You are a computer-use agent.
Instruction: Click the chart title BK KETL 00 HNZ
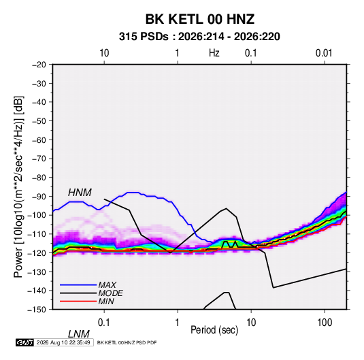click(x=200, y=19)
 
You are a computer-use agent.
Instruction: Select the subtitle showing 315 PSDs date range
click(x=199, y=37)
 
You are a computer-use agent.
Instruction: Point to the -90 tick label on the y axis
click(x=39, y=197)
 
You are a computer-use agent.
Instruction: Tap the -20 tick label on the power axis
click(x=39, y=65)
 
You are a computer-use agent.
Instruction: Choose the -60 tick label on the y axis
click(x=39, y=140)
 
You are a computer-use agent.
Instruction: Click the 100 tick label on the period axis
click(x=325, y=323)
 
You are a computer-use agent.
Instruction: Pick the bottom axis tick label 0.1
click(x=104, y=323)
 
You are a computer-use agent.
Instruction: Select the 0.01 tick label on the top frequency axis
click(x=324, y=53)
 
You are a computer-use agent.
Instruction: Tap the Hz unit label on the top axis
click(x=214, y=53)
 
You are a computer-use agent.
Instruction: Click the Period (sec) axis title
click(x=214, y=330)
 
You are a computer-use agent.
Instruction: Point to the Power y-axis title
click(x=18, y=186)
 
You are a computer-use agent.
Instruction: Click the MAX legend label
click(x=107, y=285)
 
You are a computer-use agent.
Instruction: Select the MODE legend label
click(x=110, y=293)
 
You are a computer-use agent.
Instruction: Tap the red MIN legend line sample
click(x=78, y=301)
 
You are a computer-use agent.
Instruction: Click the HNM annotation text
click(x=80, y=193)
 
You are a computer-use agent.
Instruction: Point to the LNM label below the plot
click(x=79, y=334)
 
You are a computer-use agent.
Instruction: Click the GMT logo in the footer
click(x=24, y=342)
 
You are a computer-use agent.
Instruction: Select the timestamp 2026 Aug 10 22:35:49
click(x=63, y=342)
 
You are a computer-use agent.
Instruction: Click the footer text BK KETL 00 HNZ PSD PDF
click(x=127, y=342)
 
